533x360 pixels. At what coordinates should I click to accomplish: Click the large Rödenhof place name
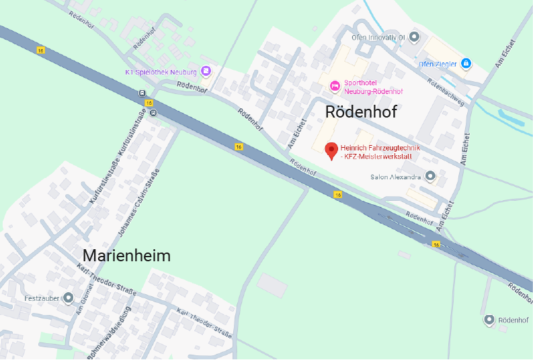[x=360, y=111]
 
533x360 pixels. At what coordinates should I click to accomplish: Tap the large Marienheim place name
[x=126, y=256]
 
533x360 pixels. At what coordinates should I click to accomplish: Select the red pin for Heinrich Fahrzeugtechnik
[x=331, y=150]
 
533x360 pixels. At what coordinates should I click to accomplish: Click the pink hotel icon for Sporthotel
[x=334, y=85]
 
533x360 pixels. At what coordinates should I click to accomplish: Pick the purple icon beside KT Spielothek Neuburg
[x=206, y=71]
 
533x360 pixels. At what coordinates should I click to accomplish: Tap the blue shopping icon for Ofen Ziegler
[x=466, y=64]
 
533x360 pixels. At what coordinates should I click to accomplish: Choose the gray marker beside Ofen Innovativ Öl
[x=414, y=36]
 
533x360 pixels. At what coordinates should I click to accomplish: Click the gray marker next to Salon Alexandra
[x=430, y=177]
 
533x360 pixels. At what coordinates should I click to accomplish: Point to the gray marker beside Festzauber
[x=68, y=298]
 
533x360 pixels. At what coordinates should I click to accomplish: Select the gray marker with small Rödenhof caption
[x=489, y=320]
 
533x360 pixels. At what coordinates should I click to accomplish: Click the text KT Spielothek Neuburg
[x=161, y=71]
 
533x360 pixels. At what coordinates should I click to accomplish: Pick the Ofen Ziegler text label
[x=438, y=64]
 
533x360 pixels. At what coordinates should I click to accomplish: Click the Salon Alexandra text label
[x=396, y=177]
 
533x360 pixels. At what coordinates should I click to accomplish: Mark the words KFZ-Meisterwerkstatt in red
[x=378, y=156]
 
